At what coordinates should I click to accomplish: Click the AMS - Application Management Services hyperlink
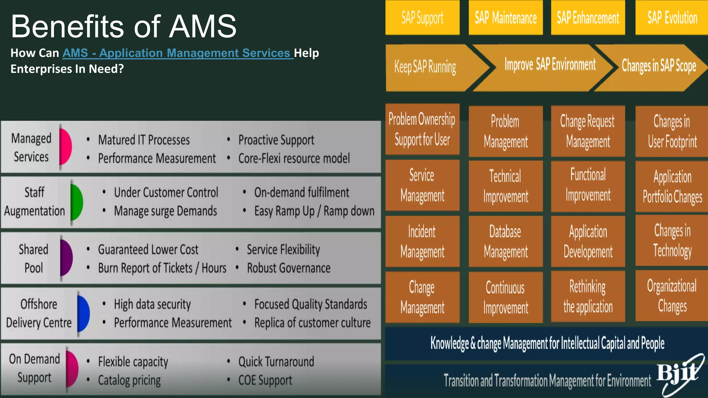click(x=178, y=53)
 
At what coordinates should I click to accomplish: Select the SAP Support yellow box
click(x=422, y=18)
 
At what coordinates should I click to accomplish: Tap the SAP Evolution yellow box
click(x=672, y=18)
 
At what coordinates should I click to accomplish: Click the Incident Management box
click(x=422, y=241)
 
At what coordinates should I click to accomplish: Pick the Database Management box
click(x=505, y=241)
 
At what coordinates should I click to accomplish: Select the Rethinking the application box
click(x=588, y=297)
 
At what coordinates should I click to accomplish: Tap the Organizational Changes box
click(x=672, y=296)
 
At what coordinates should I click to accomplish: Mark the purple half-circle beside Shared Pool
click(x=66, y=258)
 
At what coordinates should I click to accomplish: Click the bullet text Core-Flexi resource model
click(x=294, y=159)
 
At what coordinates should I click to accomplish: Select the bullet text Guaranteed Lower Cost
click(x=148, y=249)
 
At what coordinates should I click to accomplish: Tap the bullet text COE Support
click(x=265, y=380)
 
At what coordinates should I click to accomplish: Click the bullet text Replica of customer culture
click(x=312, y=323)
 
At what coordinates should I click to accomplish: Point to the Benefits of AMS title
click(x=123, y=26)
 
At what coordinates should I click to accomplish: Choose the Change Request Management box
click(x=588, y=131)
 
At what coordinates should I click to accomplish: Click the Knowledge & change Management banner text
click(x=547, y=343)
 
